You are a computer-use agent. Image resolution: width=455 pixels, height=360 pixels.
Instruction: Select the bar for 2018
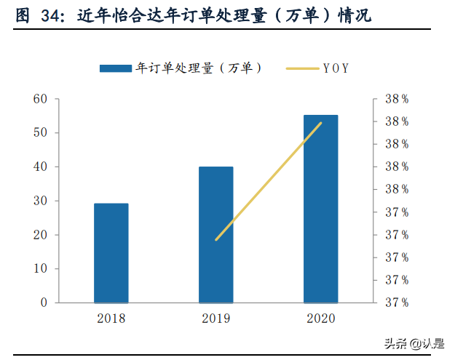click(x=111, y=253)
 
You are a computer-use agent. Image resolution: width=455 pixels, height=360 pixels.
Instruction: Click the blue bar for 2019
click(x=216, y=234)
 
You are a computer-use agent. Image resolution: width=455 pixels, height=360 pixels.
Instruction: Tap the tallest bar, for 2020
click(x=320, y=209)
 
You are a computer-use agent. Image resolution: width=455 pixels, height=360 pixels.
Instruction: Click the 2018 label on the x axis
click(x=111, y=319)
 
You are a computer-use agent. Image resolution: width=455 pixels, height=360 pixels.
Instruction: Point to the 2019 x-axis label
click(x=215, y=319)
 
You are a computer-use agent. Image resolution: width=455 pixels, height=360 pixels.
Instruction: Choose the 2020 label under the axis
click(x=320, y=319)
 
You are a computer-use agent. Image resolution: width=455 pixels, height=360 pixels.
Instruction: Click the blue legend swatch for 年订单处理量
click(x=116, y=68)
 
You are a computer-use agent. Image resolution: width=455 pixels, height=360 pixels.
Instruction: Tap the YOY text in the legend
click(x=336, y=68)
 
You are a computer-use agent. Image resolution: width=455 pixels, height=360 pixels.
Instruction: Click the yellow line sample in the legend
click(x=301, y=68)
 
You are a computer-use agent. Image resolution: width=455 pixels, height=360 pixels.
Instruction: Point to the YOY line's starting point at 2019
click(x=216, y=240)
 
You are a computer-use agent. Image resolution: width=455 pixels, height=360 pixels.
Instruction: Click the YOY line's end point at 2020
click(x=320, y=122)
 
